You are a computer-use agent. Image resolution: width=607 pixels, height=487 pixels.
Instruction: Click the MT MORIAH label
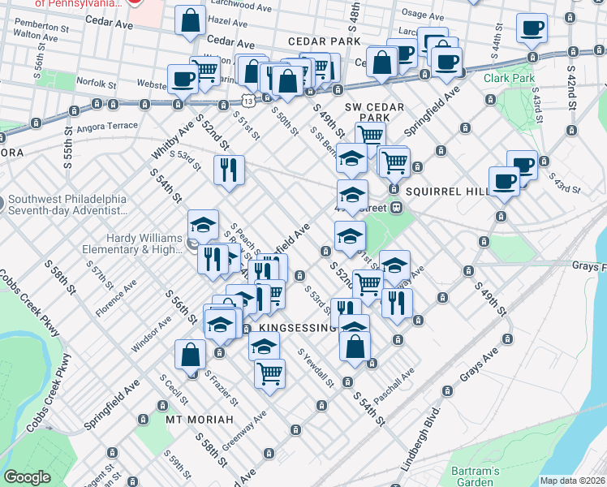(x=199, y=420)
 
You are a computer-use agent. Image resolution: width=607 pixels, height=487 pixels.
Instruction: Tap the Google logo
(x=27, y=477)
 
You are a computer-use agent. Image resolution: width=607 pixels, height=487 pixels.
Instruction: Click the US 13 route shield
(x=247, y=99)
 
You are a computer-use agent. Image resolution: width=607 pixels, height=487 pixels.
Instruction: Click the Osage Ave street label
(x=424, y=15)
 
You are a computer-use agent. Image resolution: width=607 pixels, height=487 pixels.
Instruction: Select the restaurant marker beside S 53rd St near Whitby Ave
(x=229, y=170)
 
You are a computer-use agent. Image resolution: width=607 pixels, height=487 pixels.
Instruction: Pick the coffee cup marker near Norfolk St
(x=183, y=79)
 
